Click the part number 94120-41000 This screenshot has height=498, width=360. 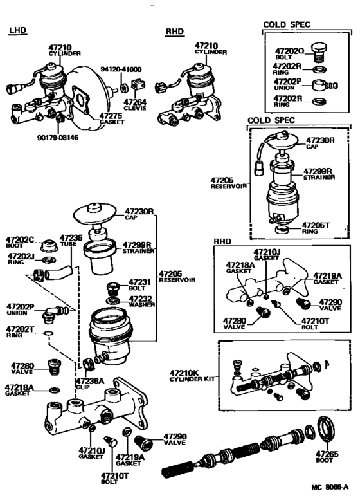pos(121,69)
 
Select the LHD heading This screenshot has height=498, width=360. pos(18,30)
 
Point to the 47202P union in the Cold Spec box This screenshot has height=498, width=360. pos(324,85)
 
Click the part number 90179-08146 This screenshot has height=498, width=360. pos(57,138)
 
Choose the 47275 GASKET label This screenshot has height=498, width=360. pos(112,118)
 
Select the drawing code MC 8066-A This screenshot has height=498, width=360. pos(330,487)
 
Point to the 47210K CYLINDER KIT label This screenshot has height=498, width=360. pos(192,375)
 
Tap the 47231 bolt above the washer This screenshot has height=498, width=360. pos(113,289)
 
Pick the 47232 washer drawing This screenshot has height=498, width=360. pos(113,300)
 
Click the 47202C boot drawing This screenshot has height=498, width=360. pos(49,245)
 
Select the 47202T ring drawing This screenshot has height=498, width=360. pos(48,333)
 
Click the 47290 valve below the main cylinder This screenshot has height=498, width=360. pos(143,443)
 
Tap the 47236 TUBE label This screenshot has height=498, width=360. pos(71,241)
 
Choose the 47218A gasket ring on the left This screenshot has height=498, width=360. pos(55,390)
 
